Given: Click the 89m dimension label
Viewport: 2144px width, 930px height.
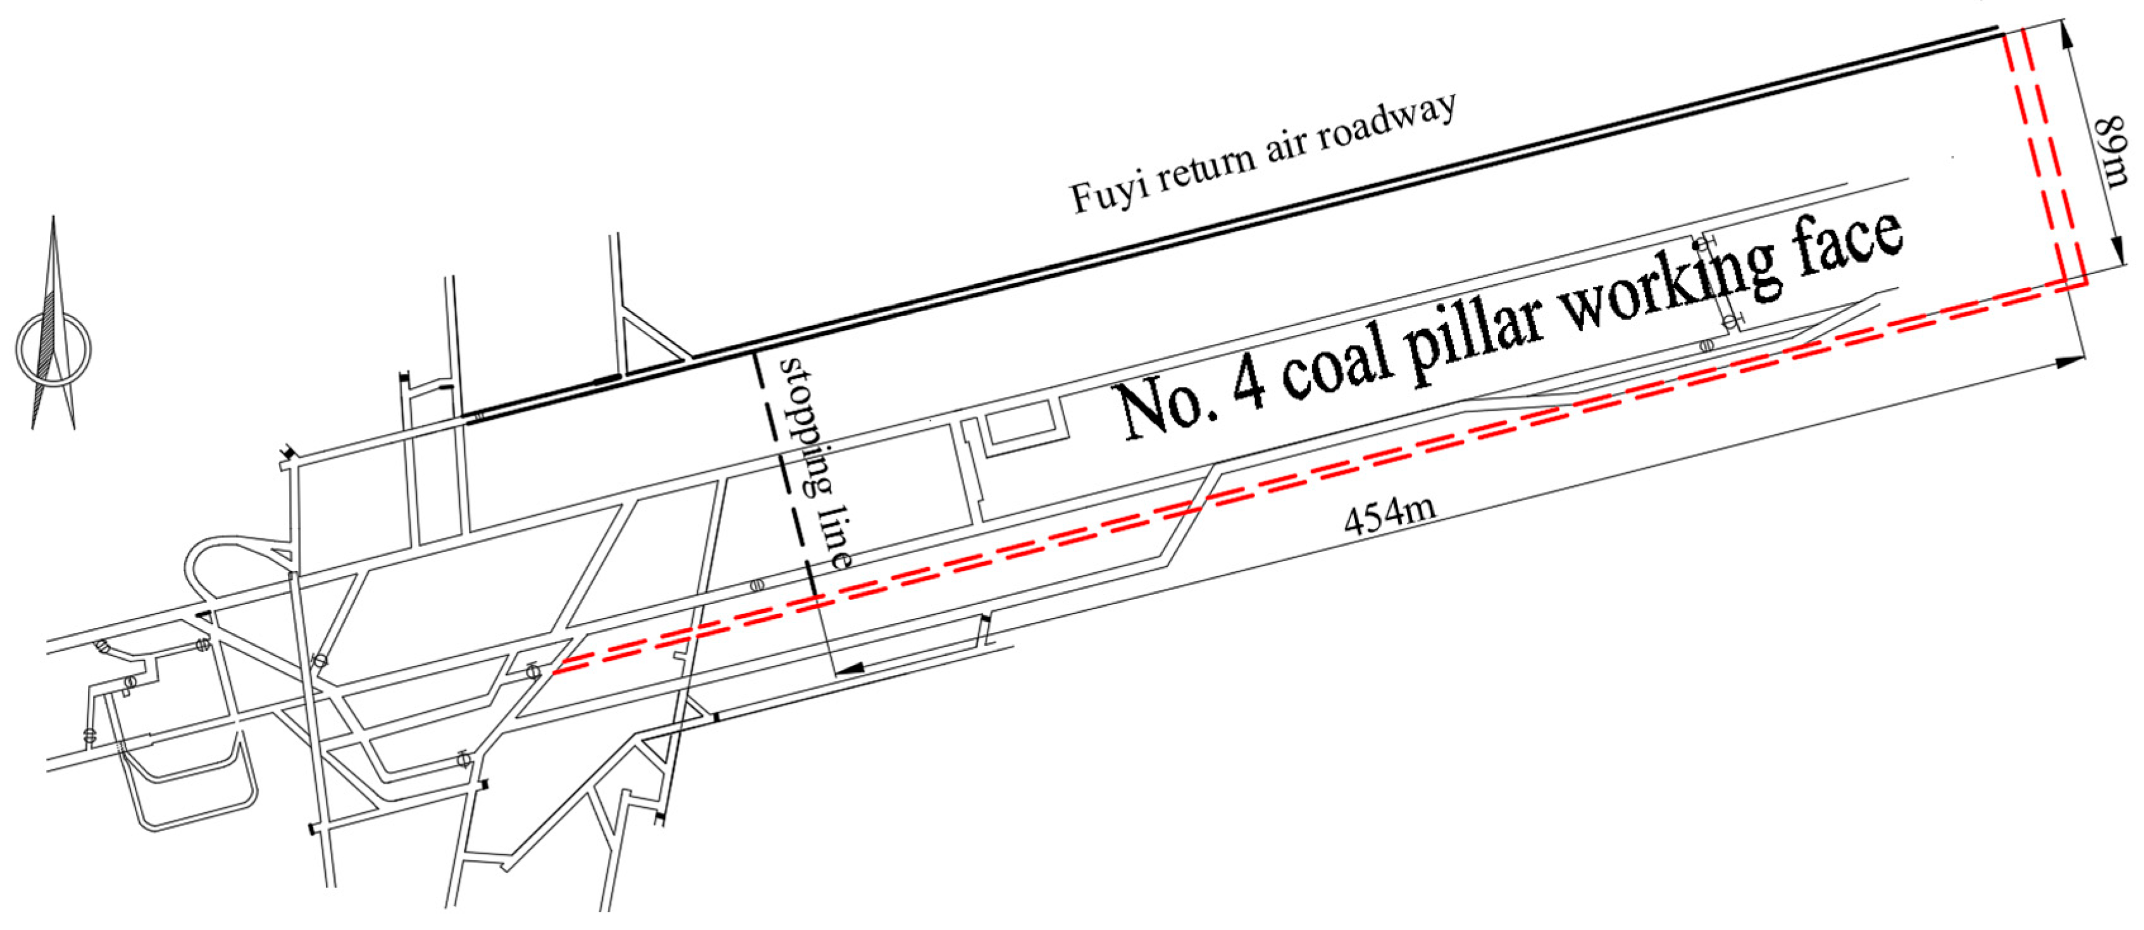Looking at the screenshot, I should (2112, 151).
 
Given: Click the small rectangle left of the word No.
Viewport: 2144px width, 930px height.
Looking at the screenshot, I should (1015, 425).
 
